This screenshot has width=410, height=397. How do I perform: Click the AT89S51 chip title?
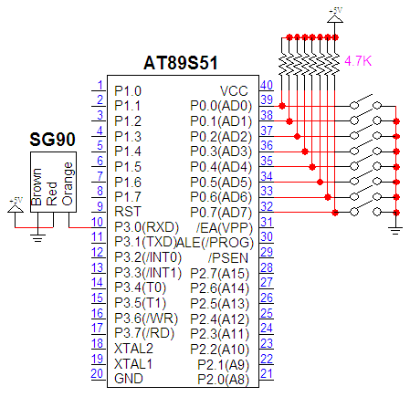coord(181,63)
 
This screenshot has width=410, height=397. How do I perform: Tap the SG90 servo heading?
coord(52,140)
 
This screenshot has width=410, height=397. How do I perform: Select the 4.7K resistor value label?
coord(358,61)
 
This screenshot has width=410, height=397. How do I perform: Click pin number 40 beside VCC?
coord(267,85)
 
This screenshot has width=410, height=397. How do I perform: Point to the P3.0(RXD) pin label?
coord(146,227)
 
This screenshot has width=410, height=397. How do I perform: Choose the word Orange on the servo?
coord(68,184)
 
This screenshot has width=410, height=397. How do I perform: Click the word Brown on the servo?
coord(37,187)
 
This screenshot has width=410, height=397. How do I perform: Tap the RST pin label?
coord(128,212)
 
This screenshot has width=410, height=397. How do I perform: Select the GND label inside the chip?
coord(129,379)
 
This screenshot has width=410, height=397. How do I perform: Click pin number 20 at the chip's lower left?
coord(97,373)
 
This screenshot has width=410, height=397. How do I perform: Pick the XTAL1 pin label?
coord(133,364)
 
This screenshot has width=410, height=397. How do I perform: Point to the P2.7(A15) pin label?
coord(219,273)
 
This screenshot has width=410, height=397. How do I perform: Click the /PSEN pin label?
coord(228,258)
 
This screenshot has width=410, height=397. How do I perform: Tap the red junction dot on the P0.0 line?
coord(282,106)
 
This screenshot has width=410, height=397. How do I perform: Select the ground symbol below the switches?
coord(395,231)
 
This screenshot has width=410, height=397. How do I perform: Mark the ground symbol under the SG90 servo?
coord(37,237)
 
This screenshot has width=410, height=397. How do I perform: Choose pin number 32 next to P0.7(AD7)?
coord(267,206)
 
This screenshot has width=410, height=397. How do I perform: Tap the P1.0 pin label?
coord(128,91)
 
